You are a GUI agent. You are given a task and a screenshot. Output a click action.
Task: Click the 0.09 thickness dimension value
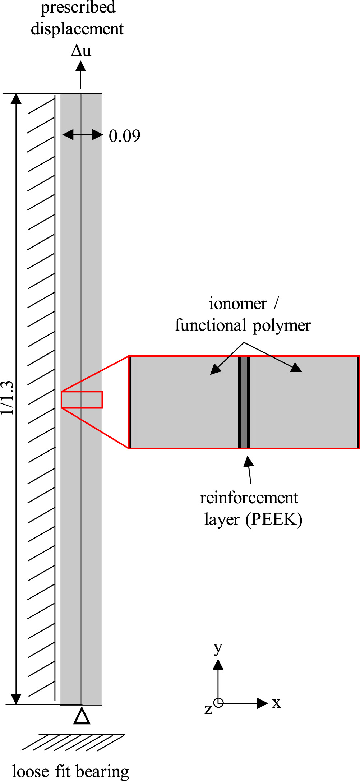click(124, 136)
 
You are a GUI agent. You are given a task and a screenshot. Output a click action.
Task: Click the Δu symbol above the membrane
click(81, 51)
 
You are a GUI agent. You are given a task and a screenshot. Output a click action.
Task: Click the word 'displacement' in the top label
click(77, 29)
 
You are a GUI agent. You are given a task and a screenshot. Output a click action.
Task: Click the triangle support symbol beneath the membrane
click(82, 716)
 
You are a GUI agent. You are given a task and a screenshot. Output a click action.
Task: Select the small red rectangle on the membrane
click(82, 399)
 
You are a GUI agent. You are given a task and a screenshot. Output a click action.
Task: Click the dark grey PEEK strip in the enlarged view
click(244, 402)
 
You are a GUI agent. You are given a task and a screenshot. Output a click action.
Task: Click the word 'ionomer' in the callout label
click(238, 304)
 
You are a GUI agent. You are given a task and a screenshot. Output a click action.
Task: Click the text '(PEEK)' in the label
click(274, 519)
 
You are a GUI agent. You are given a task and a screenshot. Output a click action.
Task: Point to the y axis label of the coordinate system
click(218, 648)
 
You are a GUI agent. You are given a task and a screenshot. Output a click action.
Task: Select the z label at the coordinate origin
click(208, 709)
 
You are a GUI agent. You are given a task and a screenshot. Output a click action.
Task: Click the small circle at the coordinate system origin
click(218, 702)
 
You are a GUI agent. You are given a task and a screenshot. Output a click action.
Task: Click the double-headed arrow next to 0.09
click(82, 135)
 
